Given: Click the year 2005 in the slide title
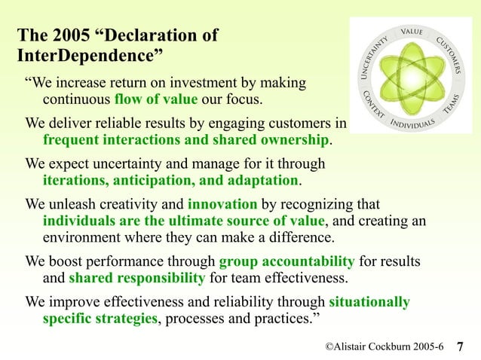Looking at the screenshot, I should (73, 35).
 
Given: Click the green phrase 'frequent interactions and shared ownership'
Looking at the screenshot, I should (186, 140).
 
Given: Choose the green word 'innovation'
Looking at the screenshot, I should (222, 204).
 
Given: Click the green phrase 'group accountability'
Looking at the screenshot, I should (286, 262).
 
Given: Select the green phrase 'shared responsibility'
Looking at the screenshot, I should (136, 279).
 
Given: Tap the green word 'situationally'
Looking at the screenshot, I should (369, 302).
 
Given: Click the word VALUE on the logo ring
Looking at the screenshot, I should (412, 32).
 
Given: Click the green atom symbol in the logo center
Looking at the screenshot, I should (412, 78).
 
